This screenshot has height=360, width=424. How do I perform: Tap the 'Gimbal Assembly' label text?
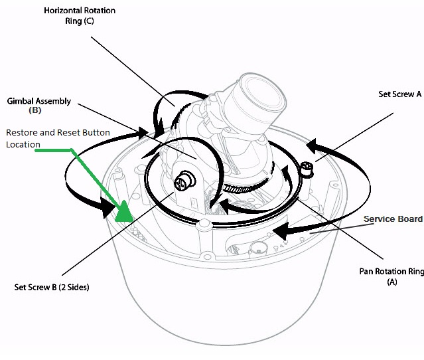[x=38, y=102]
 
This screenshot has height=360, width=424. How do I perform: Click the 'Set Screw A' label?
[x=399, y=94]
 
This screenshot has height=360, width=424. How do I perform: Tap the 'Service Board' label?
[x=393, y=219]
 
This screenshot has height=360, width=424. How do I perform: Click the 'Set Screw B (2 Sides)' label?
[x=51, y=288]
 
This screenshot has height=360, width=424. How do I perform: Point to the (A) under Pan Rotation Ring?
[x=391, y=282]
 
